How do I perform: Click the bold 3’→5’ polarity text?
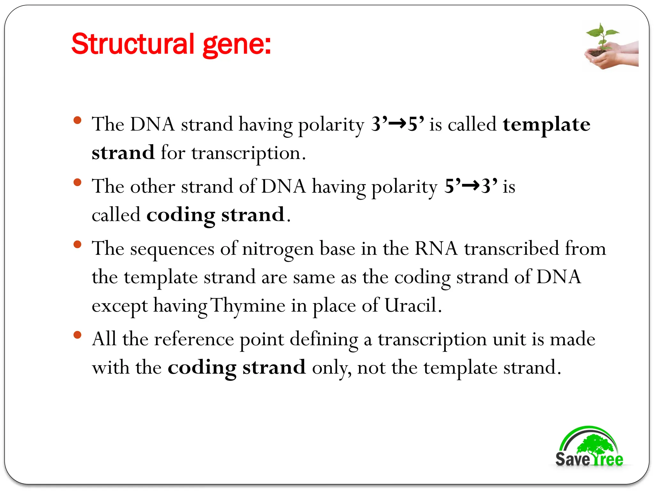398,124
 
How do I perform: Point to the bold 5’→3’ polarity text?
471,186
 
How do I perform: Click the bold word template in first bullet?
546,124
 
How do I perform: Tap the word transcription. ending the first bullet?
248,152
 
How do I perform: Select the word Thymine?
248,305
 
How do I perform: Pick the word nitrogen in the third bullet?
278,248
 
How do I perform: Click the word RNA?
436,248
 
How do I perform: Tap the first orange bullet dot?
77,121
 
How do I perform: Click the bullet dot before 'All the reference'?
77,335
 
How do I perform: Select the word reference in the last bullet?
194,339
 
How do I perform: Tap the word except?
119,306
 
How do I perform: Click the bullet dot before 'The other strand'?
77,183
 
